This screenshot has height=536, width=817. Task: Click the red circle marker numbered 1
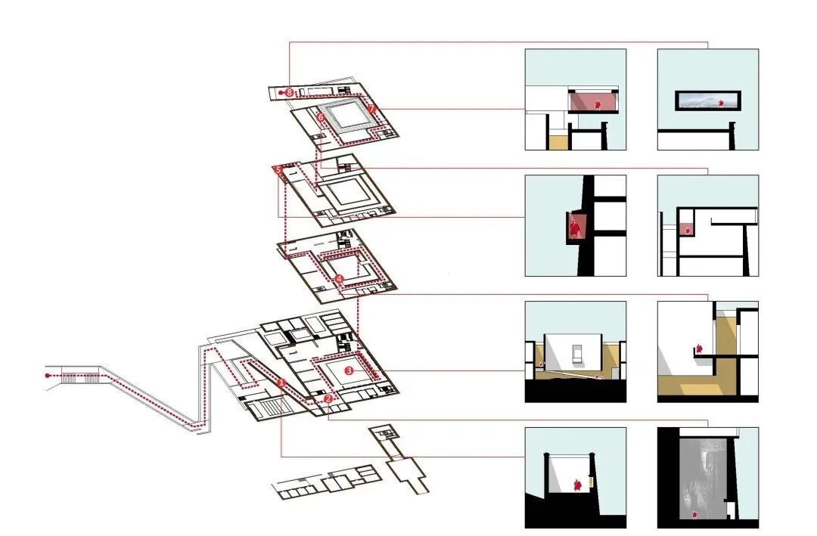[281, 383]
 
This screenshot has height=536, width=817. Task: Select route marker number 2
[328, 398]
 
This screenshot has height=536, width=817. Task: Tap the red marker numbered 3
[349, 371]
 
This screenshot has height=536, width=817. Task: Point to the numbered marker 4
[339, 279]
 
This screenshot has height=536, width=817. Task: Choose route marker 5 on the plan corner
[278, 170]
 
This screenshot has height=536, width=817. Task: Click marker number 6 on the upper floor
[321, 118]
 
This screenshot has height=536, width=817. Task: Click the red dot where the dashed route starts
[48, 374]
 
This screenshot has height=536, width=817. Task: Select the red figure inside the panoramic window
[720, 101]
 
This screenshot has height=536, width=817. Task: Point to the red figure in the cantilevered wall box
[575, 227]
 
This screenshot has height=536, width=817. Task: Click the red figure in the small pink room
[688, 227]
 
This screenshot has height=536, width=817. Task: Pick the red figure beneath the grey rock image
[694, 516]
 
